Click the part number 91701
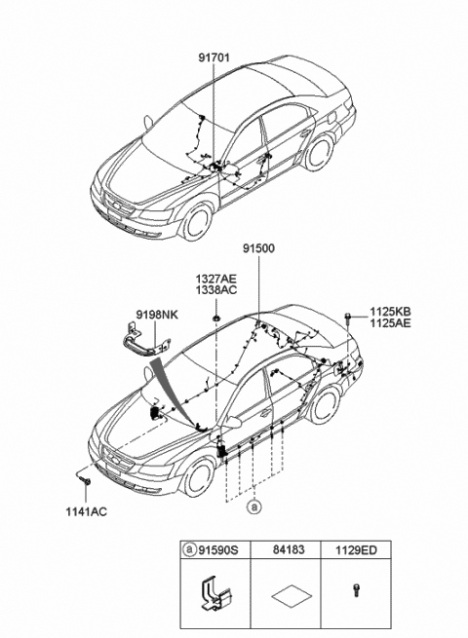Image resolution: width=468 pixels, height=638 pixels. tap(214, 58)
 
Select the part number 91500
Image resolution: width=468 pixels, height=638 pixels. tap(259, 248)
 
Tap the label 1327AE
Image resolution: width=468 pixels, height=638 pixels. tap(215, 280)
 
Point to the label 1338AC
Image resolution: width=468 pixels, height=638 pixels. tap(215, 290)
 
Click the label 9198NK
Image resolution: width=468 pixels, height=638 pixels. tap(157, 315)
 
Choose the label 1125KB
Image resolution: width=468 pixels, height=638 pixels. tap(390, 312)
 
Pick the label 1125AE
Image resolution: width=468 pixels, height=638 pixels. tap(390, 323)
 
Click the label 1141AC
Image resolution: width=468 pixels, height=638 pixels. tap(87, 512)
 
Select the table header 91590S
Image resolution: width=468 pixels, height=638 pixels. tap(217, 550)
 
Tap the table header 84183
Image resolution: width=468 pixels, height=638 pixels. tap(289, 550)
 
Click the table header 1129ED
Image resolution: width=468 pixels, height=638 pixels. tap(357, 550)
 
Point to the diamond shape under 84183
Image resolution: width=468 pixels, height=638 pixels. tap(292, 596)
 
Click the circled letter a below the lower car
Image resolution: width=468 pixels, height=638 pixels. tap(254, 507)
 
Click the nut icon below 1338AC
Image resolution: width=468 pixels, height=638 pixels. tap(215, 317)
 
